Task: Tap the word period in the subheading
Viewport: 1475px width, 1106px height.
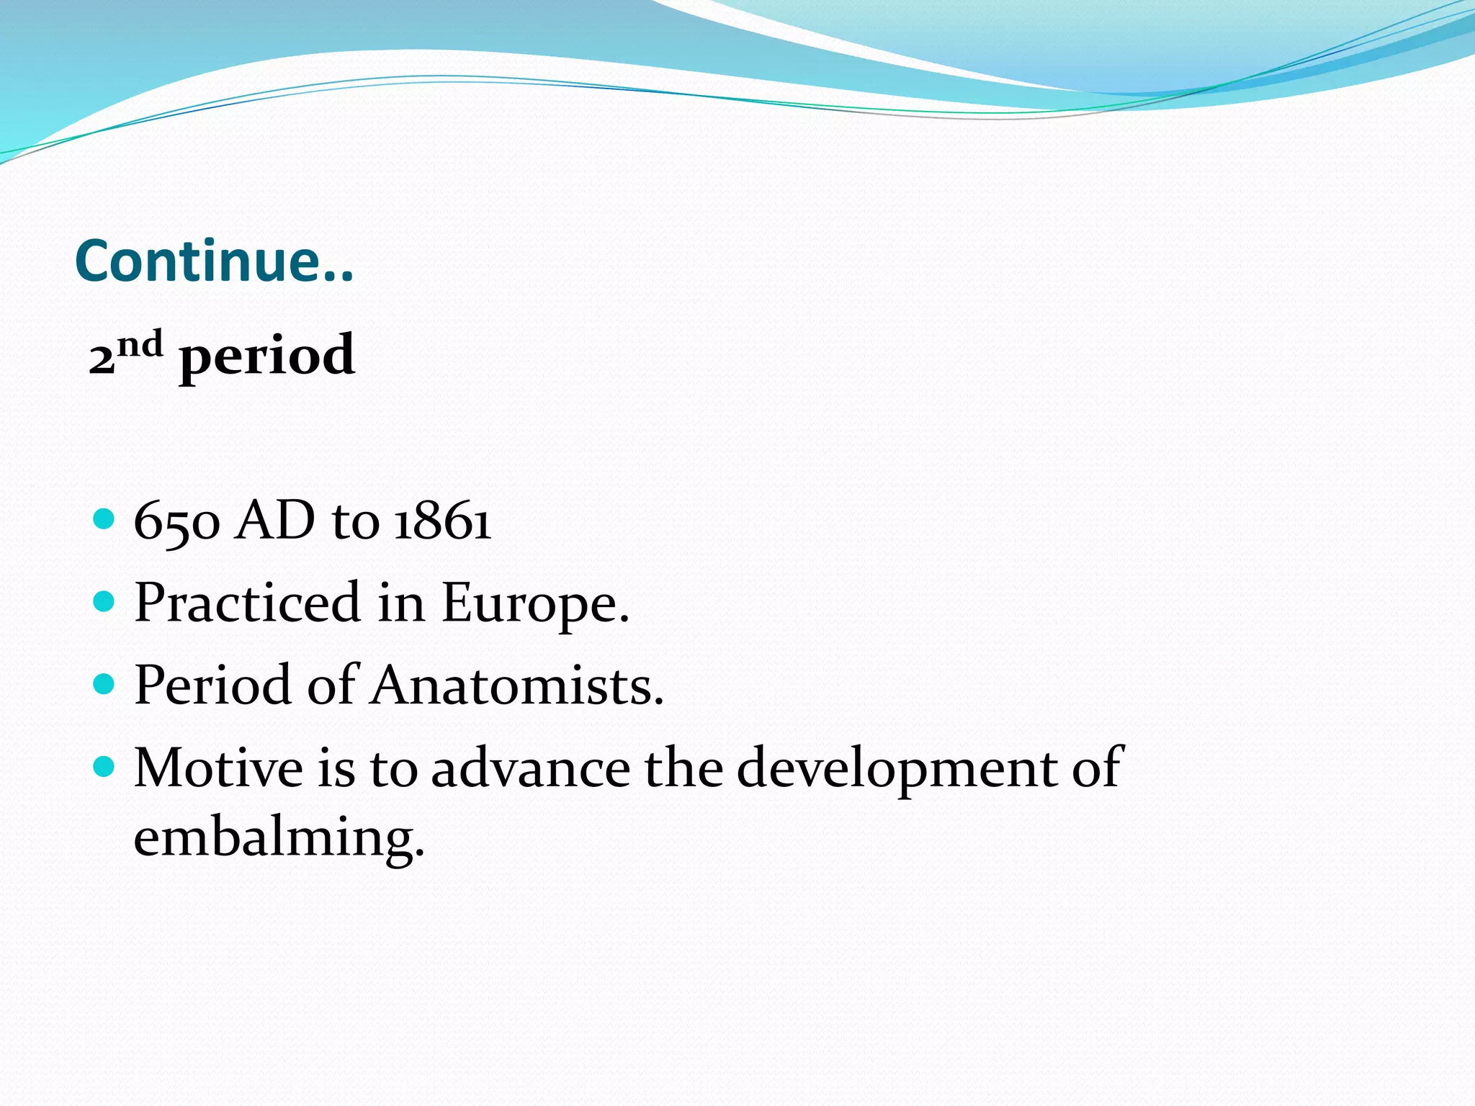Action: (266, 357)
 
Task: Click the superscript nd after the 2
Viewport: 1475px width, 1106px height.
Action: (140, 345)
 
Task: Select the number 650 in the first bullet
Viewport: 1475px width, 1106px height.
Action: (176, 521)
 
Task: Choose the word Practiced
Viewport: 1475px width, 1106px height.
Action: (247, 603)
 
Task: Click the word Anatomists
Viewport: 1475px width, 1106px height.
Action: (517, 685)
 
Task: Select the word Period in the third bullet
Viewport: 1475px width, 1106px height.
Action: (212, 685)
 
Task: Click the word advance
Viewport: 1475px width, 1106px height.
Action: (531, 768)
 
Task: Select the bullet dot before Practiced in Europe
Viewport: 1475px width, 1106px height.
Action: (104, 601)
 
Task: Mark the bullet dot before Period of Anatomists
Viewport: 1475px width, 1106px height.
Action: (104, 683)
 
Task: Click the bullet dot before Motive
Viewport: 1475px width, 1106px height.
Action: (104, 767)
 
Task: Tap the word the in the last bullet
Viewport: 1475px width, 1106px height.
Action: (683, 768)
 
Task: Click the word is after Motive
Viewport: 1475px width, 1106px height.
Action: (336, 768)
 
